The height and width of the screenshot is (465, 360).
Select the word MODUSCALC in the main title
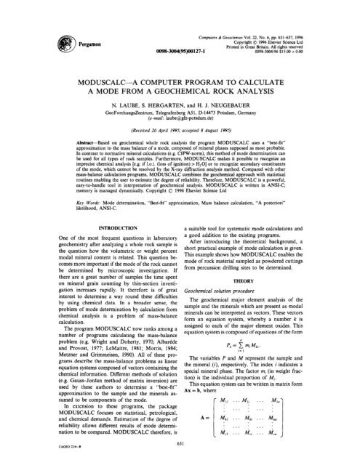pos(84,75)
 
